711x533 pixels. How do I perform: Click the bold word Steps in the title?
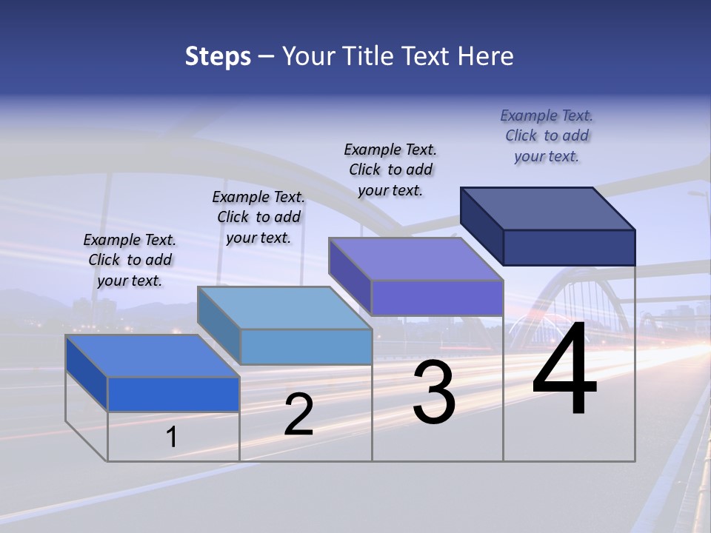(218, 56)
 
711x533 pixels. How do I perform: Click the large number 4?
(564, 370)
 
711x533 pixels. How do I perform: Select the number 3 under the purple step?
(434, 392)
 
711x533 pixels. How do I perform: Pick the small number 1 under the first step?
(172, 437)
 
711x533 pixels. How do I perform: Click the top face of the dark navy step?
(548, 208)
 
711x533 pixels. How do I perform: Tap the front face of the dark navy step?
(569, 247)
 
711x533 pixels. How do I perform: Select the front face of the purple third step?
(437, 298)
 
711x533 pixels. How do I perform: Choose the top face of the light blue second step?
(284, 307)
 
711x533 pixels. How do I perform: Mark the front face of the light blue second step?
(306, 346)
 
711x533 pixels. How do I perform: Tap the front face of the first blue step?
(173, 395)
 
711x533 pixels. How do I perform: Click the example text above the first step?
(130, 260)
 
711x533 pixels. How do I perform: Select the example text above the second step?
(258, 217)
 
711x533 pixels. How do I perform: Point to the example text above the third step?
(390, 170)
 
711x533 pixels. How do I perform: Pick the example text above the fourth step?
(547, 135)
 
